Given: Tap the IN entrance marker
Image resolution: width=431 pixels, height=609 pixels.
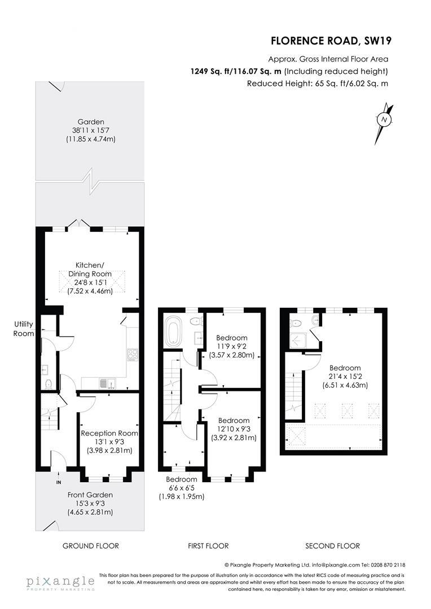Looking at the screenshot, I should coord(59,483).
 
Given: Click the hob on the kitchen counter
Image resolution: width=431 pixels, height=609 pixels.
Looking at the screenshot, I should coord(133,355).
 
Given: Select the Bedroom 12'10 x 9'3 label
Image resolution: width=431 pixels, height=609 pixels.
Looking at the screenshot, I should coord(234,429).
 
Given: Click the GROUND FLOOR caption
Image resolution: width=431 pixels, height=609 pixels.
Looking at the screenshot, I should coord(90,546).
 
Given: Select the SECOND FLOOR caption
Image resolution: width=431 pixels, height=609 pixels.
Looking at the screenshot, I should coord(332,546).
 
